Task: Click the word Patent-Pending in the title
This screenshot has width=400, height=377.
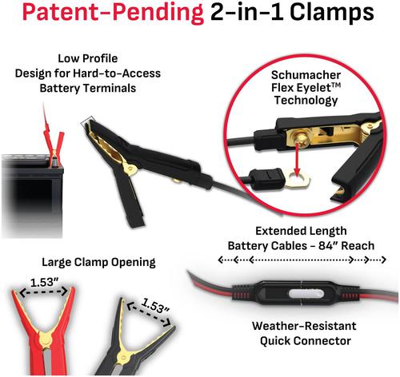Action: pos(113,13)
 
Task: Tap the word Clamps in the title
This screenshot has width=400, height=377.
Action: pos(332,13)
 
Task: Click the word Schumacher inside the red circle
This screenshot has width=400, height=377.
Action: pos(306,75)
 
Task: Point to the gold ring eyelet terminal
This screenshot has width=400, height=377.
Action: pos(298,180)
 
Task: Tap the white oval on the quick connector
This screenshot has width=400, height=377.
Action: pos(306,295)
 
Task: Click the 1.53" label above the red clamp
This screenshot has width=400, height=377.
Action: pos(44,283)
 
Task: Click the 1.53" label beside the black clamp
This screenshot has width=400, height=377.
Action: pos(155,306)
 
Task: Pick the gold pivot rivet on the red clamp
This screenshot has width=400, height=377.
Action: pos(45,340)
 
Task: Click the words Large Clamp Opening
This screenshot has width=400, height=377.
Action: pos(98,262)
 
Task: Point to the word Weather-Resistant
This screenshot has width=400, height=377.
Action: pos(304,326)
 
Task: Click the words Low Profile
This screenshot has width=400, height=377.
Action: pos(88,58)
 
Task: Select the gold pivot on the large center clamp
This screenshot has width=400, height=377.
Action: pos(131,169)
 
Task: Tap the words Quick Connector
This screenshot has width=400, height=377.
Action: pos(306,341)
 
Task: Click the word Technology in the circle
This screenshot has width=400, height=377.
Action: pos(306,100)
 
